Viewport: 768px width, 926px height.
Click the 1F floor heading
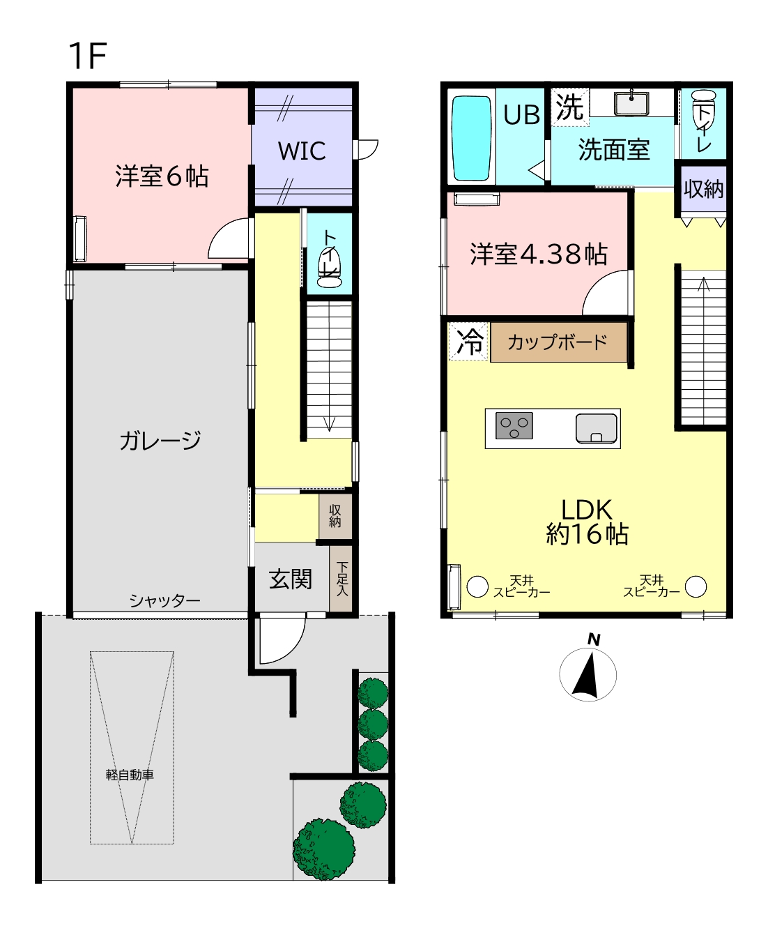tap(88, 56)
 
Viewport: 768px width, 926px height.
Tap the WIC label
tap(302, 151)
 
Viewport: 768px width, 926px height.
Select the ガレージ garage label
tap(160, 440)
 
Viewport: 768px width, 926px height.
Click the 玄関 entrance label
tap(291, 579)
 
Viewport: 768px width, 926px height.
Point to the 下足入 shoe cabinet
tap(341, 578)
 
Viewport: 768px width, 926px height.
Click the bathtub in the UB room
tap(471, 139)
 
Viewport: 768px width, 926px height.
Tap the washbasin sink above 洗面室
tap(631, 103)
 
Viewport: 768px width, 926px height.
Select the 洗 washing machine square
tap(569, 107)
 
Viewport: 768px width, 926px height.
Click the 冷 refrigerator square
tap(468, 341)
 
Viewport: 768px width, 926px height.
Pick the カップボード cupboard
tap(559, 342)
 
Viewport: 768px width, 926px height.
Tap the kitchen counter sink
tap(596, 428)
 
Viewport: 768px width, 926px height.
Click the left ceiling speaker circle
tap(477, 586)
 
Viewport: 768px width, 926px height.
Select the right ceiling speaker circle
tap(696, 586)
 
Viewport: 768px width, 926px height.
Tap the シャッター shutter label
tap(164, 601)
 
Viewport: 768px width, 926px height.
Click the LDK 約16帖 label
tap(587, 522)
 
